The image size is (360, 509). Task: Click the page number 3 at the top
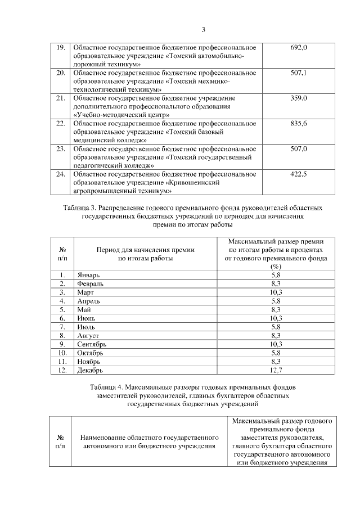point(204,30)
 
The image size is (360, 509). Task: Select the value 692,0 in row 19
point(298,47)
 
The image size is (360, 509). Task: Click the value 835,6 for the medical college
point(298,124)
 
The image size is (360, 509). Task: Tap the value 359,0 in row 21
point(298,98)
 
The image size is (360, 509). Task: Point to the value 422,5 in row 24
point(298,174)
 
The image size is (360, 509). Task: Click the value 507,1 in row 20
point(298,73)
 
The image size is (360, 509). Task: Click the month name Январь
point(88,276)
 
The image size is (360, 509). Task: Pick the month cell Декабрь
point(91,370)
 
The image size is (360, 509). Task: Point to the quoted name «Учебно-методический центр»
point(121,115)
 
